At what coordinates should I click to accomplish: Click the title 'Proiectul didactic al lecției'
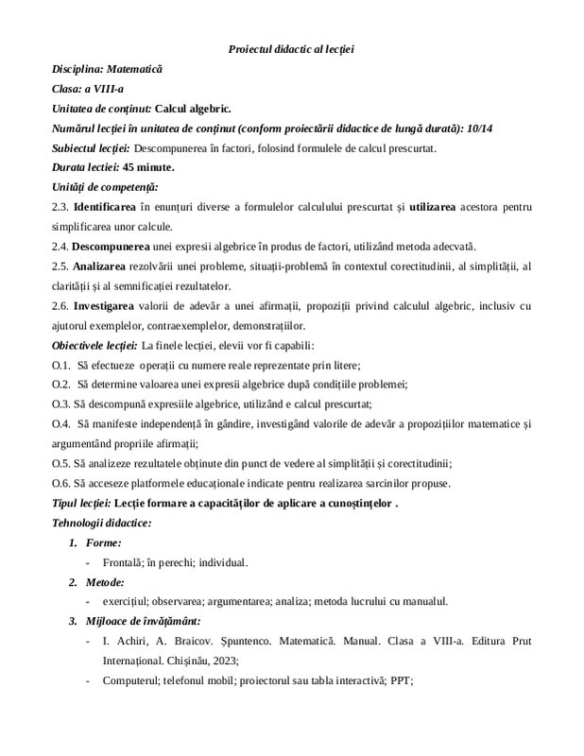pyautogui.click(x=291, y=48)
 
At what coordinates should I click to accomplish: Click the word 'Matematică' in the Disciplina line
pyautogui.click(x=135, y=69)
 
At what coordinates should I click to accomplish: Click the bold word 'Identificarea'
pyautogui.click(x=106, y=207)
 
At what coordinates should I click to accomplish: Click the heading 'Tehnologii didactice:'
pyautogui.click(x=101, y=523)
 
